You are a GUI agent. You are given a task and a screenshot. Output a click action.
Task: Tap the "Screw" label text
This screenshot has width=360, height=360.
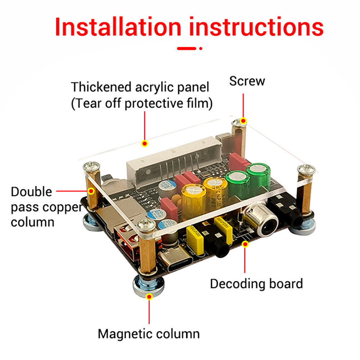(x=247, y=81)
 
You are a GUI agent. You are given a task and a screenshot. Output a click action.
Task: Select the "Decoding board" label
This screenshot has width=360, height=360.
(x=256, y=284)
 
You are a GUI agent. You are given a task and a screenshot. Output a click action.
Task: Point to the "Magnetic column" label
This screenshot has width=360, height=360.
(x=148, y=334)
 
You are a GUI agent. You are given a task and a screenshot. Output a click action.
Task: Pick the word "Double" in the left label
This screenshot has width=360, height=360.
(x=31, y=192)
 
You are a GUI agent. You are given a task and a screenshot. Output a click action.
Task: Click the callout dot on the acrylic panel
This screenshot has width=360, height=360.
(x=144, y=144)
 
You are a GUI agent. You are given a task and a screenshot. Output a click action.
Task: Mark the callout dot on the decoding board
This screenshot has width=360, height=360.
(x=245, y=244)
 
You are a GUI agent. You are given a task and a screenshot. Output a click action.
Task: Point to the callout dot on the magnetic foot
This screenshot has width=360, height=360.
(x=149, y=296)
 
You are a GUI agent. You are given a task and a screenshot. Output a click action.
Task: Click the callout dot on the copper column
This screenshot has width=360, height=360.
(x=91, y=191)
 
